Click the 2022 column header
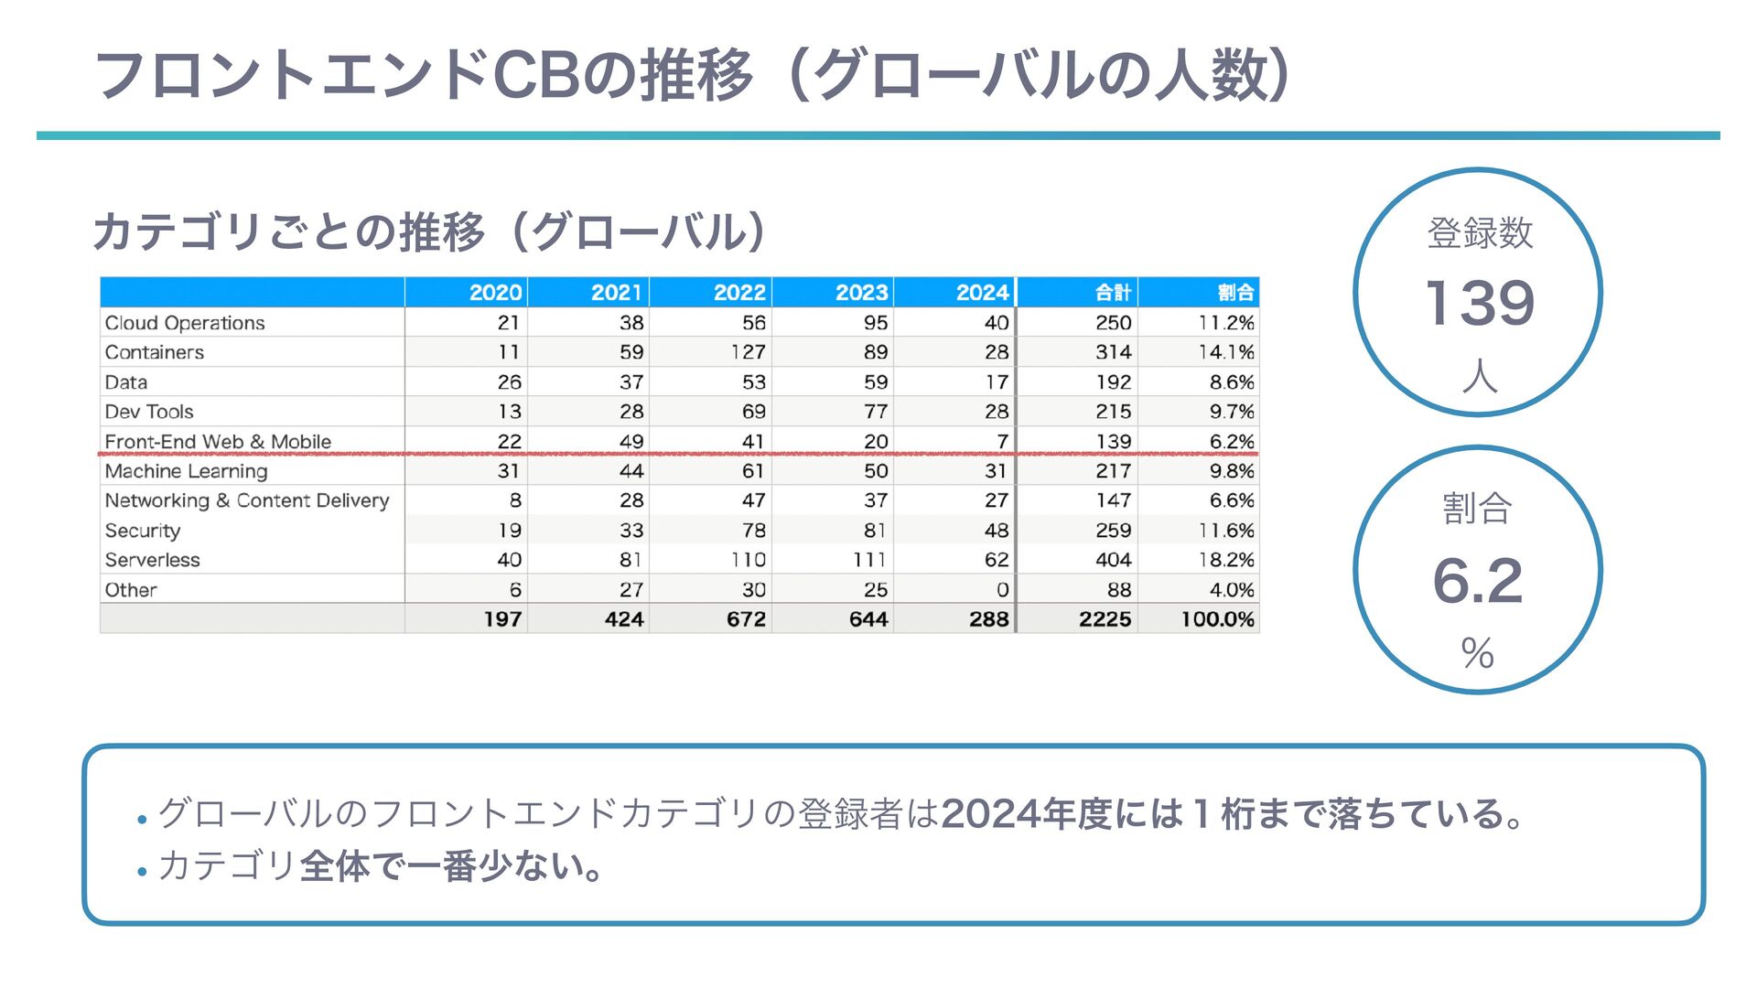click(x=738, y=293)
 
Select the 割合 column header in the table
click(x=1234, y=293)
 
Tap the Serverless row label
click(x=152, y=560)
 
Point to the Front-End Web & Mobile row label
click(x=218, y=441)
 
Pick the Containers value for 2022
click(x=748, y=352)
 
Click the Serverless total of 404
click(x=1113, y=560)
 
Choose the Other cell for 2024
click(x=1002, y=590)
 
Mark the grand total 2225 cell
click(x=1105, y=619)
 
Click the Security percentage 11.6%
click(x=1226, y=531)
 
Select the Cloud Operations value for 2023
click(x=875, y=323)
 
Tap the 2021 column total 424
click(x=624, y=619)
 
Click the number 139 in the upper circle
click(x=1479, y=303)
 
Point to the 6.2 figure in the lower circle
click(x=1477, y=581)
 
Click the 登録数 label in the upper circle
click(x=1479, y=232)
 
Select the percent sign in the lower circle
click(x=1477, y=653)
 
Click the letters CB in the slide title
click(x=535, y=75)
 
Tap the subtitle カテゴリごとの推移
click(x=288, y=232)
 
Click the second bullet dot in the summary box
click(x=142, y=872)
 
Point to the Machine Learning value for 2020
click(x=508, y=471)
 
